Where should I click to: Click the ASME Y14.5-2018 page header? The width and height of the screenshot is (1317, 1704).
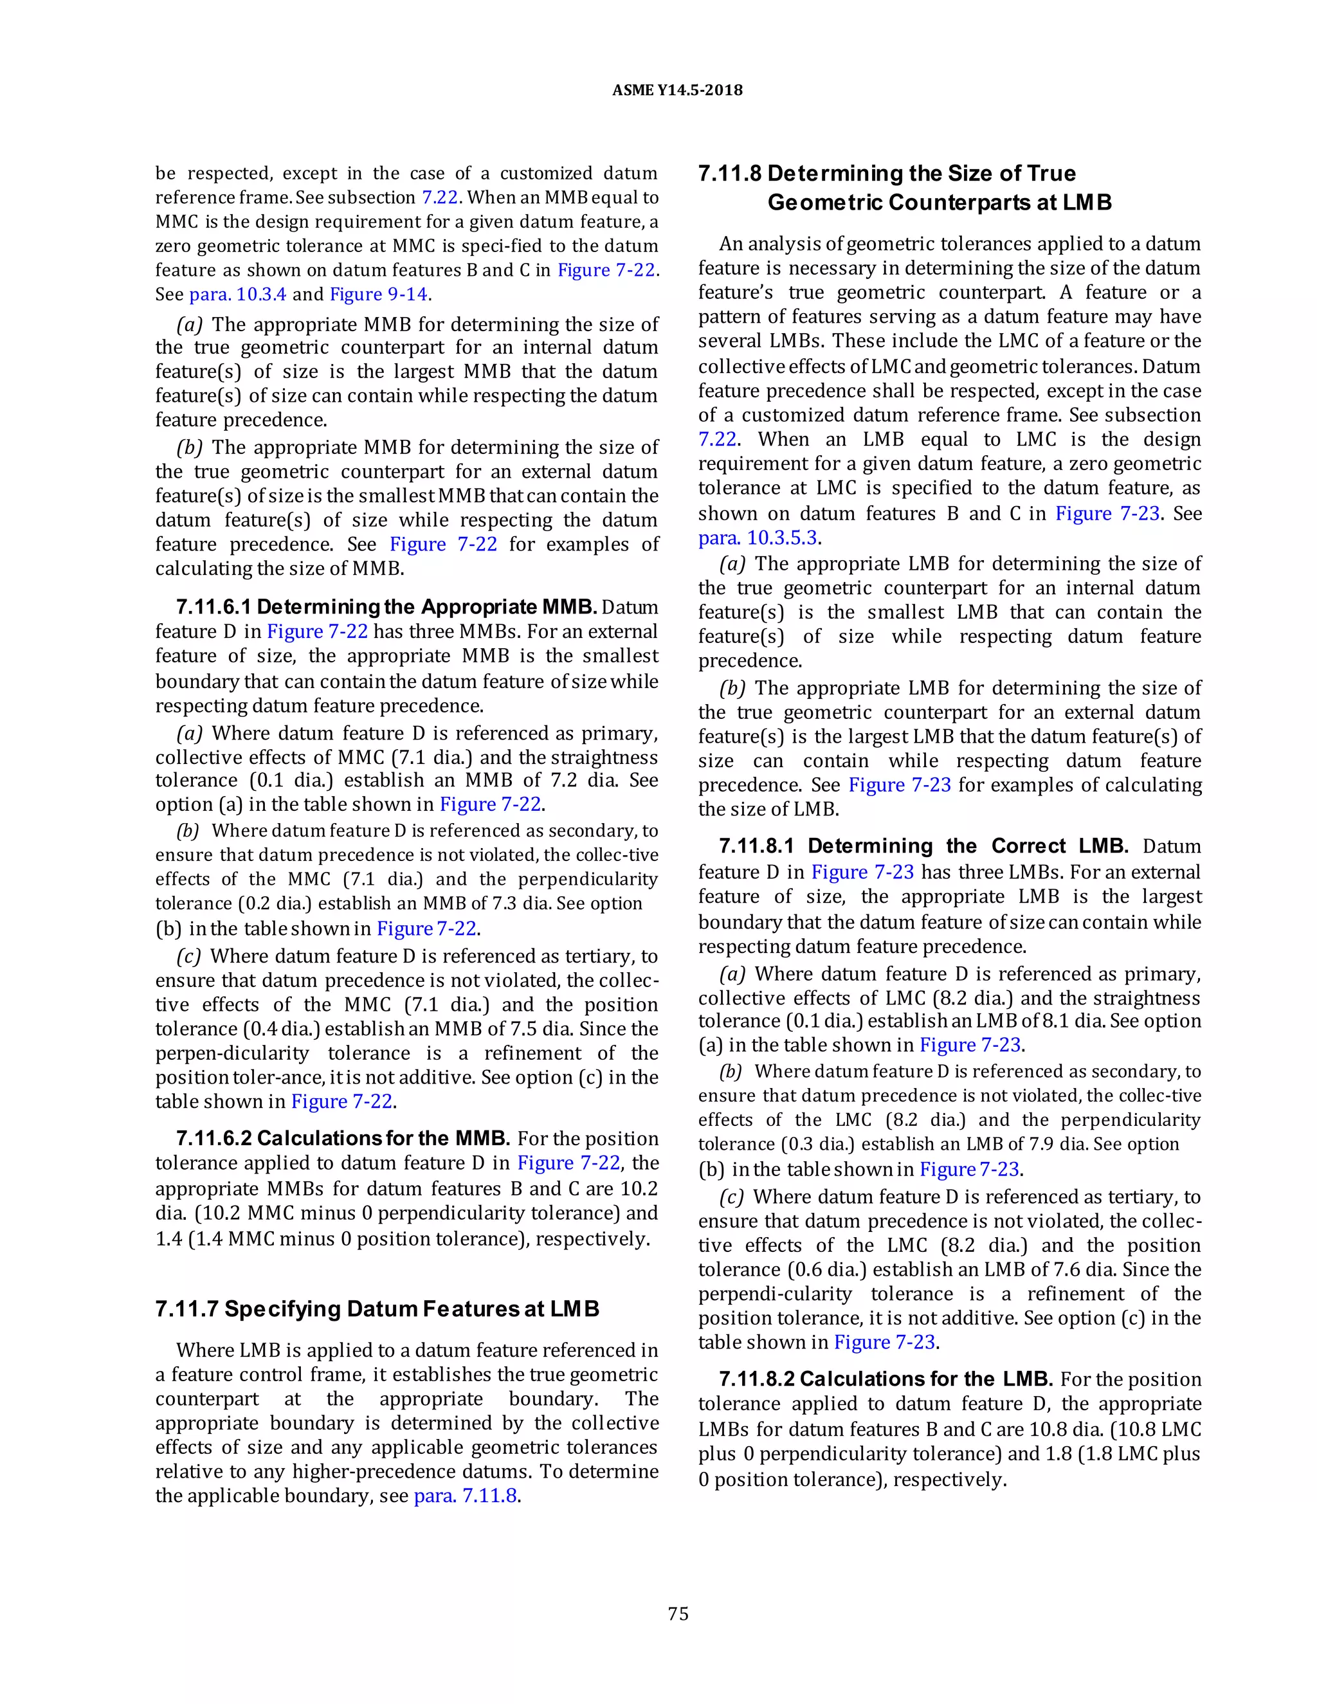[x=677, y=90]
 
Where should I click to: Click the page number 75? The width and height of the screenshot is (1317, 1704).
[x=678, y=1613]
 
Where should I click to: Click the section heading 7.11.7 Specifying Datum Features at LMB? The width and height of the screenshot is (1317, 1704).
[x=377, y=1309]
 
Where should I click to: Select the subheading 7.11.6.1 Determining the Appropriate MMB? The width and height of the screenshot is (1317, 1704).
[x=386, y=607]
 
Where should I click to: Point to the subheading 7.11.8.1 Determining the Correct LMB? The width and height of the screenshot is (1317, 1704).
[x=923, y=847]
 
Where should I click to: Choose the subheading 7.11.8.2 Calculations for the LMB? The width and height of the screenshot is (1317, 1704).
[x=886, y=1379]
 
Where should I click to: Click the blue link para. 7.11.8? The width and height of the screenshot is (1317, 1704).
[x=466, y=1496]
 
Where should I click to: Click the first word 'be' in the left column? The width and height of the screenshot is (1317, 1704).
[x=165, y=173]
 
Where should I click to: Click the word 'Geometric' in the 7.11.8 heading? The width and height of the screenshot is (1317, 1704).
[x=824, y=203]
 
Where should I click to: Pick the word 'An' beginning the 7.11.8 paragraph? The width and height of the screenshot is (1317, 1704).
[x=731, y=244]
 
